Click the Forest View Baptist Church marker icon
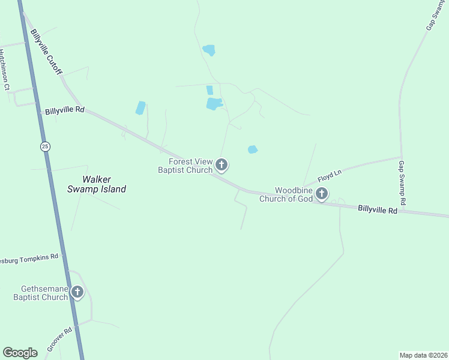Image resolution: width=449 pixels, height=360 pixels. [221, 164]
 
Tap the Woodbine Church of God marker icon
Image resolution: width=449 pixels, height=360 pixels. [322, 193]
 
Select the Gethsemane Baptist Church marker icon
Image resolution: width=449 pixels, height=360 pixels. [77, 292]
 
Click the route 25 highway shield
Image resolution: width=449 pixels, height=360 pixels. [45, 146]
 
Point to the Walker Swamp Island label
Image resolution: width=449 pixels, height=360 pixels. [104, 184]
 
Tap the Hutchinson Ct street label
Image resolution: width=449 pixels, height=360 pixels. [5, 70]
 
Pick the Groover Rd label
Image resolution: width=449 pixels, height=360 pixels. [59, 340]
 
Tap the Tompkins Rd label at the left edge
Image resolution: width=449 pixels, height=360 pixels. [30, 259]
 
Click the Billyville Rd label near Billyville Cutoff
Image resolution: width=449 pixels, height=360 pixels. [64, 111]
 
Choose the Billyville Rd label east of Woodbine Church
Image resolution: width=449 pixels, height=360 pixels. [378, 210]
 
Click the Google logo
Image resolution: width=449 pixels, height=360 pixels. [20, 353]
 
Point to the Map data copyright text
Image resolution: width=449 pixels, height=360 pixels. [423, 355]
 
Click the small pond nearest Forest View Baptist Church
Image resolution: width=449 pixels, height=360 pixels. [253, 149]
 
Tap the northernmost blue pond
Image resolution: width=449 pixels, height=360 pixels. [209, 50]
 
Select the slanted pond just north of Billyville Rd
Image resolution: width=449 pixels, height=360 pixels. [140, 108]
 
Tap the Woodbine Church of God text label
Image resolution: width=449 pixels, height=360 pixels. [286, 194]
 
